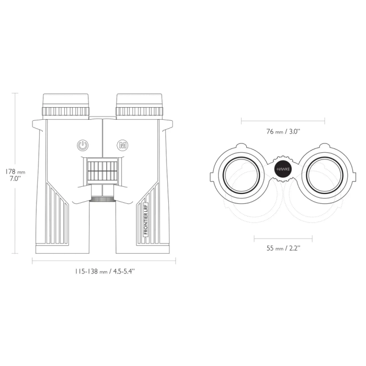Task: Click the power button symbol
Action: point(83,145)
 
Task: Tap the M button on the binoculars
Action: point(122,145)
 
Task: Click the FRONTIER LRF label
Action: point(146,218)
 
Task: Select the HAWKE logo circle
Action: point(283,169)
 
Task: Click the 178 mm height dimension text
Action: point(15,172)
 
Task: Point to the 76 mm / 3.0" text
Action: point(283,131)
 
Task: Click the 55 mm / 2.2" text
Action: point(283,248)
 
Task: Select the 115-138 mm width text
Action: point(105,271)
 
